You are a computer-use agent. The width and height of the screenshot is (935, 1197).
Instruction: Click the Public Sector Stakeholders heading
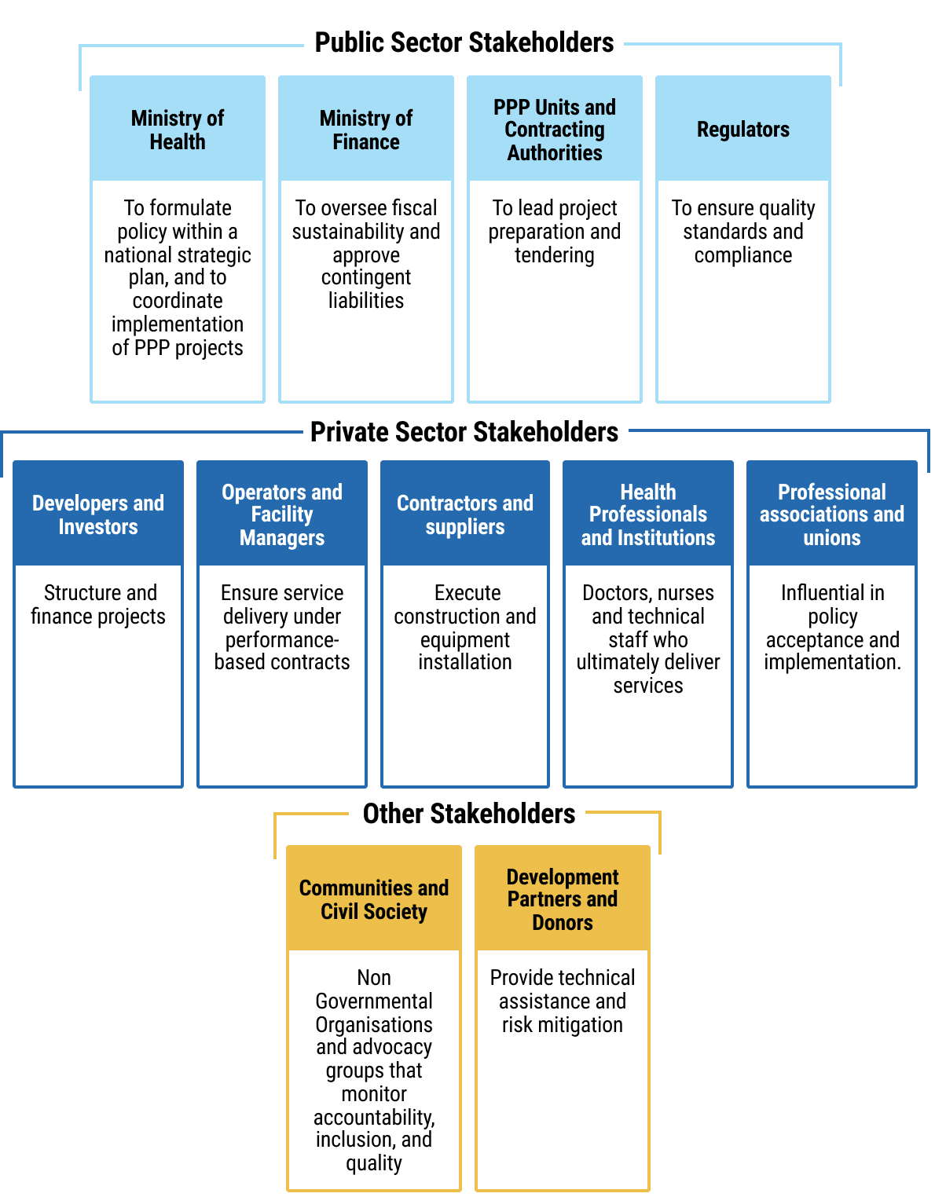(464, 42)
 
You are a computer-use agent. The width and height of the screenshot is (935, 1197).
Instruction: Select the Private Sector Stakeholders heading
(464, 432)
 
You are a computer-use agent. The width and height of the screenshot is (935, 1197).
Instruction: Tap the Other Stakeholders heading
(469, 814)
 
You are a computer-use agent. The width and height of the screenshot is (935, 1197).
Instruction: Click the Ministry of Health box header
(178, 130)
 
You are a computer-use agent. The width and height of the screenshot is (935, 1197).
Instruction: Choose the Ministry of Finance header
(366, 130)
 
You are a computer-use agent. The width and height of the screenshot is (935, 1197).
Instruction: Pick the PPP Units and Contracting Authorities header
(555, 130)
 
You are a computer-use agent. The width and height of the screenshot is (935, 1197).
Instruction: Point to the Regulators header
(743, 130)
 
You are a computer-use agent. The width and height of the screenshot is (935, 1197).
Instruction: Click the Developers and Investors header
(98, 514)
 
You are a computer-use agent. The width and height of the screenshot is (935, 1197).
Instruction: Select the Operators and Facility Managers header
(282, 514)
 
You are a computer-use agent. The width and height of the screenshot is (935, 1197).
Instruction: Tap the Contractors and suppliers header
(465, 514)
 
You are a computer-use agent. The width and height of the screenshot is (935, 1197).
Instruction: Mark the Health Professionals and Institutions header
(648, 514)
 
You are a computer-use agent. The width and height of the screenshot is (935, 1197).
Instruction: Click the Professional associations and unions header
(832, 514)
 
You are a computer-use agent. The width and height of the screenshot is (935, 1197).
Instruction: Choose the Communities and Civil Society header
(374, 899)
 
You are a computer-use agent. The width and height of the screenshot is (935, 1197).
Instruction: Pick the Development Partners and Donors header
(563, 899)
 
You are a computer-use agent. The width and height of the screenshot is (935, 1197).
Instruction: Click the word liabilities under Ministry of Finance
(366, 301)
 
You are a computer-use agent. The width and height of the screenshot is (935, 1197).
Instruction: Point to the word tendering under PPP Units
(555, 255)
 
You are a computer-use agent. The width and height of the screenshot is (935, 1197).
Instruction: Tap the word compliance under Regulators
(743, 255)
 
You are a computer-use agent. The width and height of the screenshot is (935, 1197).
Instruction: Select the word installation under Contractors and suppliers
(465, 662)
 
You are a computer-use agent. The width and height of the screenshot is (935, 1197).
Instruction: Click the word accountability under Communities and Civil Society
(373, 1118)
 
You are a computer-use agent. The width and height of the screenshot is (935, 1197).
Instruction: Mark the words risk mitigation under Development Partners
(563, 1025)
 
